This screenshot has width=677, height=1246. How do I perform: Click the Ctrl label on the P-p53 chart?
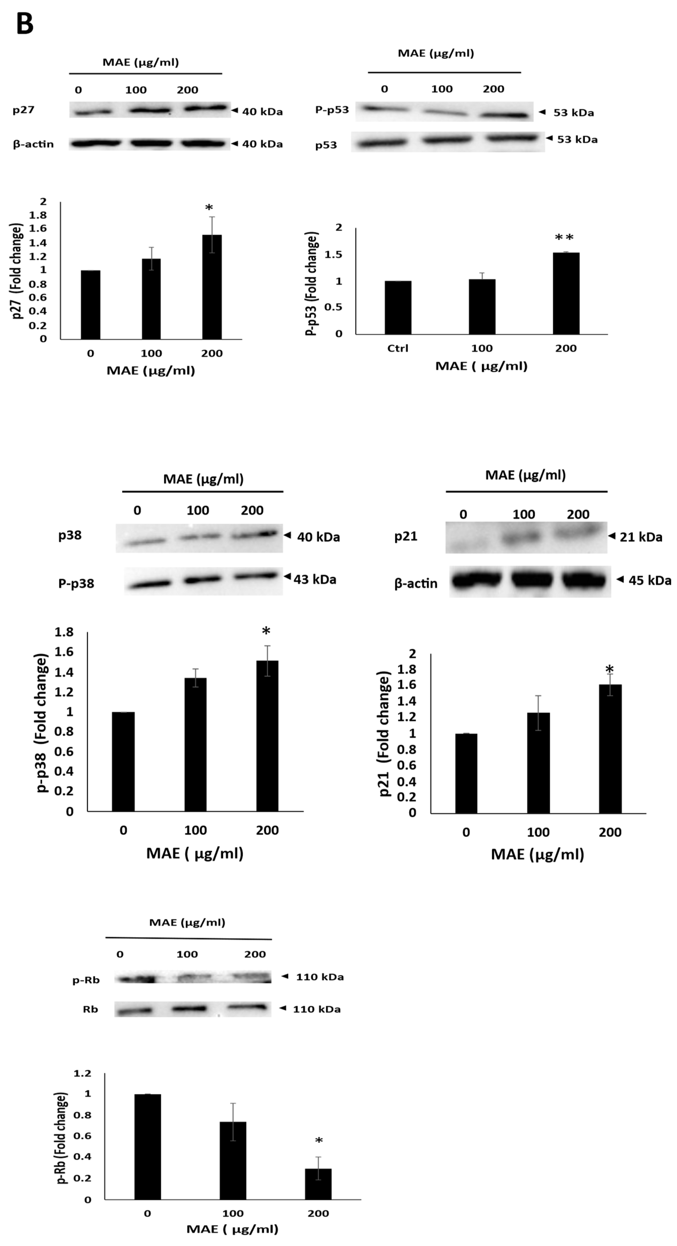pyautogui.click(x=398, y=348)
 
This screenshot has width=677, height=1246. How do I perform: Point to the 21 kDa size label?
pyautogui.click(x=641, y=537)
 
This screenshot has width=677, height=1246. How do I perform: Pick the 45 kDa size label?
pyautogui.click(x=649, y=580)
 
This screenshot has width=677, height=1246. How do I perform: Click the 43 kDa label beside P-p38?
pyautogui.click(x=315, y=580)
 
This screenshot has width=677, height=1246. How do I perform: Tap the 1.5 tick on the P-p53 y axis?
pyautogui.click(x=333, y=254)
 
